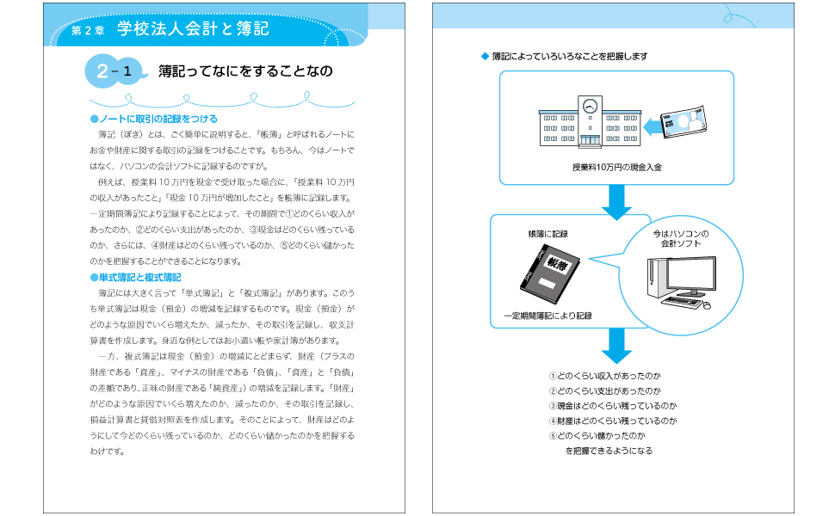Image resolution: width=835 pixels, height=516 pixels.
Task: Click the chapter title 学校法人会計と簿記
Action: (x=193, y=29)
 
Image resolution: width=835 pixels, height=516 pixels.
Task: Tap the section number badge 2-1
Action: (x=114, y=72)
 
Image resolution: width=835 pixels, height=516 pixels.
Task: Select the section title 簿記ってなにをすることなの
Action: (x=244, y=72)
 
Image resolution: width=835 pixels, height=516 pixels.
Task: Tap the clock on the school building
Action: (x=590, y=107)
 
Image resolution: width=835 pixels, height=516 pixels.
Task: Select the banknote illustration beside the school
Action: (x=682, y=123)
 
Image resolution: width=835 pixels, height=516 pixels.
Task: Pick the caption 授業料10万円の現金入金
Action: (x=616, y=167)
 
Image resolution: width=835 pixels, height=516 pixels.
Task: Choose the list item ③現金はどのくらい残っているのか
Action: (x=613, y=406)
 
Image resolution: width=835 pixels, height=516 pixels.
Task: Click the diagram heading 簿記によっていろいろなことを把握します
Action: (x=569, y=56)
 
